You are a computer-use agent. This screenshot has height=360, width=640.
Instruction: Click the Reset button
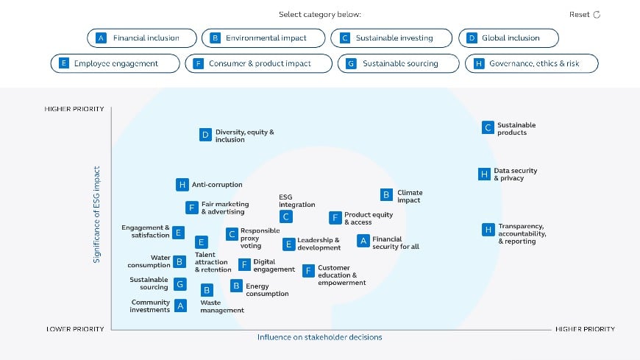coord(585,15)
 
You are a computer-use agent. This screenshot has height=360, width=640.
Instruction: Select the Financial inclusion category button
coord(142,38)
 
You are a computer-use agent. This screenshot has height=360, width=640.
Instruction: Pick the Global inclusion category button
coord(509,38)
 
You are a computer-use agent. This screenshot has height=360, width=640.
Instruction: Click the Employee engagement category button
coord(115,64)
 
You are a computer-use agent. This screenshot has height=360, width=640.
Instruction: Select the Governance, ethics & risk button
coord(531,64)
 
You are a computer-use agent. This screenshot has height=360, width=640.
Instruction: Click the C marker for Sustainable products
coord(487,127)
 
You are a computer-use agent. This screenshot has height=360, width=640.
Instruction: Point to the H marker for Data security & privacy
coord(483,174)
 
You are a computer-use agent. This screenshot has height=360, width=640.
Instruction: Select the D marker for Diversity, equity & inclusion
coord(205,135)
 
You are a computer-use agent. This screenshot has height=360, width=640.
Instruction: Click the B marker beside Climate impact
coord(386,195)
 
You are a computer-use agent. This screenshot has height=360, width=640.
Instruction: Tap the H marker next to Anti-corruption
coord(182,185)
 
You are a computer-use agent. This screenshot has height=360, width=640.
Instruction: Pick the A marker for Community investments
coord(180,306)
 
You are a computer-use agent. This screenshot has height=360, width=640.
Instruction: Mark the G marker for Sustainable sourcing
coord(180,283)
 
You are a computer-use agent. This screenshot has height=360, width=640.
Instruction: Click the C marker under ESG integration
coord(286,216)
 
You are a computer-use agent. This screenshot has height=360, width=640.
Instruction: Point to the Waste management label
coord(221,306)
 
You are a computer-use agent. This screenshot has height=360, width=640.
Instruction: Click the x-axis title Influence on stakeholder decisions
coord(319,337)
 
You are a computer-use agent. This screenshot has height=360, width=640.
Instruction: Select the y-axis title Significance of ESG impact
coord(96,214)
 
